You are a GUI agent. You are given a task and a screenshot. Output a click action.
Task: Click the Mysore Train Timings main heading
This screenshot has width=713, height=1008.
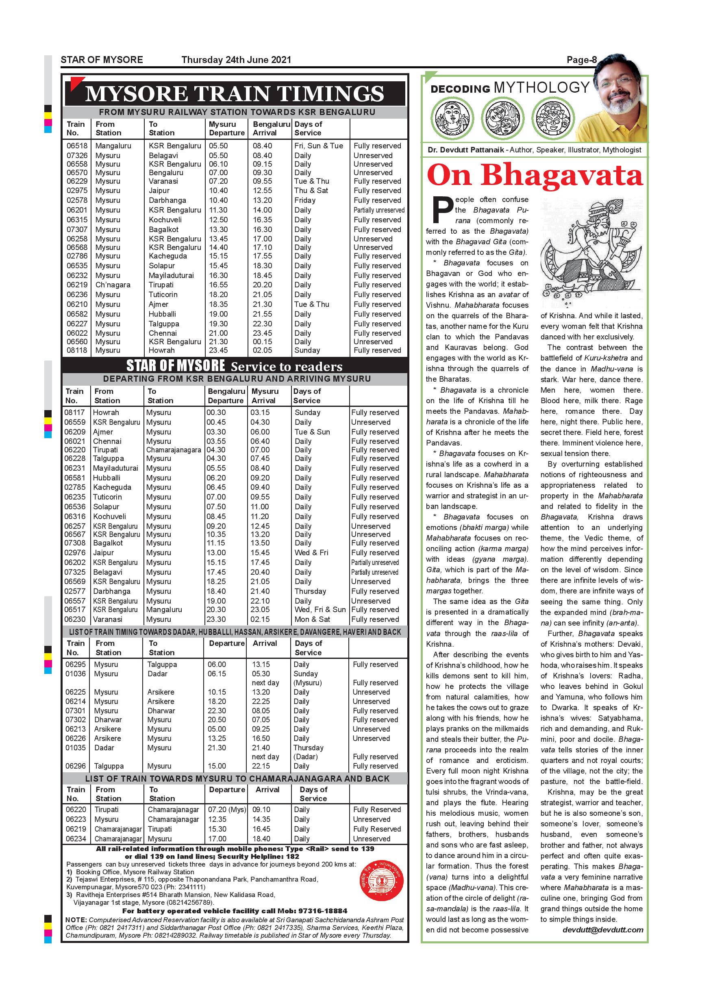pyautogui.click(x=235, y=93)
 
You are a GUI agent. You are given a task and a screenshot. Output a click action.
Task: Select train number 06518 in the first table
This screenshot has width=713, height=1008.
pyautogui.click(x=77, y=146)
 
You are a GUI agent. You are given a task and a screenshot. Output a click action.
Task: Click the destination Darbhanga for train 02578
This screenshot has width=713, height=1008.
pyautogui.click(x=167, y=200)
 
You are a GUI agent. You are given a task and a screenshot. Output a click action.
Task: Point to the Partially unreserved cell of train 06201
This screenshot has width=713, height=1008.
pyautogui.click(x=379, y=210)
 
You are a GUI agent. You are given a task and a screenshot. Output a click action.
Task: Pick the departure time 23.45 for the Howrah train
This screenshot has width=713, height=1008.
pyautogui.click(x=218, y=350)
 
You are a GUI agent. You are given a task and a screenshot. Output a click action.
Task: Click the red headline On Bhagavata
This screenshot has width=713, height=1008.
pyautogui.click(x=535, y=176)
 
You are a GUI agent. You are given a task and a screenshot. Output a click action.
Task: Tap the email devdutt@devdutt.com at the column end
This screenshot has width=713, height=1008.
pyautogui.click(x=602, y=930)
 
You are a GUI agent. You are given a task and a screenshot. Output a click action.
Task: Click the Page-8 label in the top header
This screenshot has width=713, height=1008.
pyautogui.click(x=581, y=60)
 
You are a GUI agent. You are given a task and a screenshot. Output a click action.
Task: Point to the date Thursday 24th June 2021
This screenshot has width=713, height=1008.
pyautogui.click(x=236, y=60)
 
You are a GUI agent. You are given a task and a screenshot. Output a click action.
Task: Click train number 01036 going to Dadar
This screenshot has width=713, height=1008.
pyautogui.click(x=76, y=673)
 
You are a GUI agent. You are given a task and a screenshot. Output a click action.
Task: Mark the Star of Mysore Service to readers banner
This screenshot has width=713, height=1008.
pyautogui.click(x=235, y=366)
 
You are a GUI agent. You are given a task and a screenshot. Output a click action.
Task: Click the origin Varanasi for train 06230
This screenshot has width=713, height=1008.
pyautogui.click(x=108, y=619)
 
